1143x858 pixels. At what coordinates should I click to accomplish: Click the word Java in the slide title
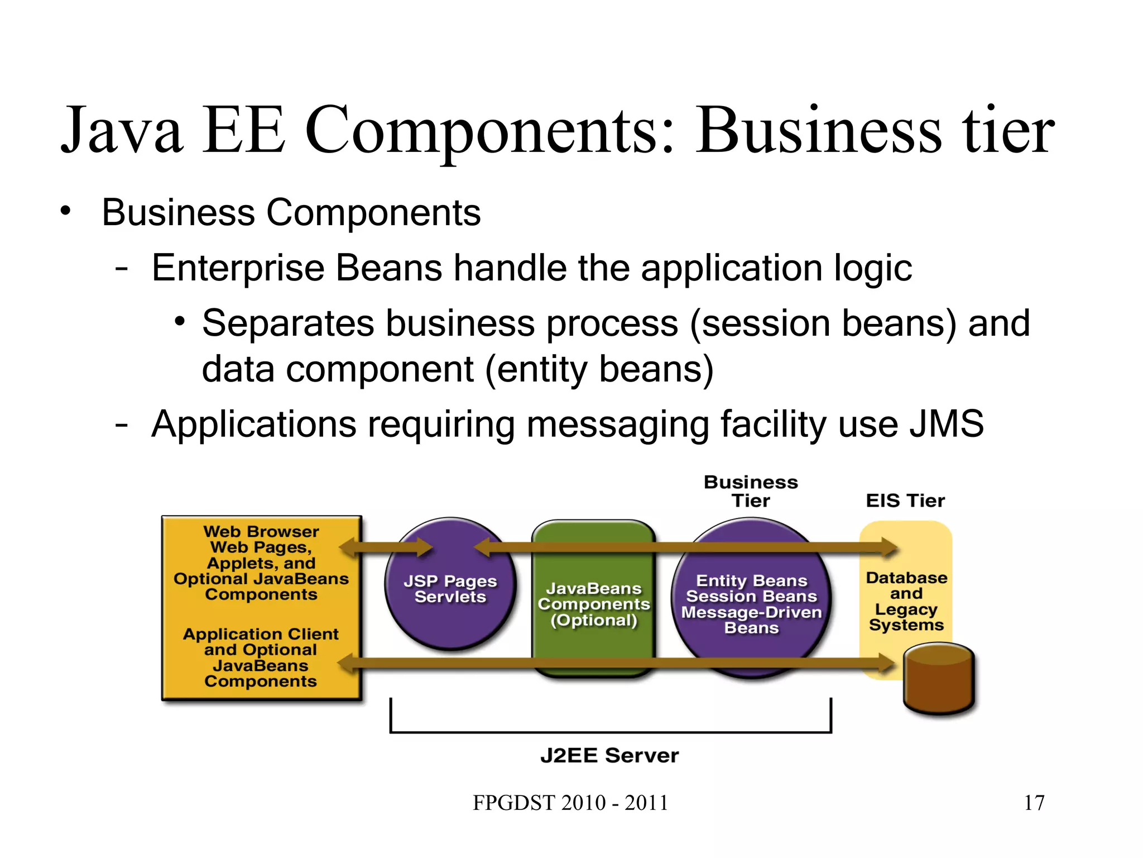click(x=122, y=131)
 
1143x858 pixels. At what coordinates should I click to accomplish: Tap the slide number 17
click(x=1034, y=803)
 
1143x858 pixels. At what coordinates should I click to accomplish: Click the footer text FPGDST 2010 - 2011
click(x=570, y=803)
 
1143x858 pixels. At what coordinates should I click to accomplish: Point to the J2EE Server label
click(x=609, y=756)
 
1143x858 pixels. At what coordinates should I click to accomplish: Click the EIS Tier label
click(x=905, y=500)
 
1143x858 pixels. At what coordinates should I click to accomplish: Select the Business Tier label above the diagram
click(x=751, y=491)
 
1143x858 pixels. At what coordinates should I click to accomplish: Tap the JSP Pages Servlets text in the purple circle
click(x=450, y=589)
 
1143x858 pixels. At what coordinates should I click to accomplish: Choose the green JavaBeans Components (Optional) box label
click(x=594, y=604)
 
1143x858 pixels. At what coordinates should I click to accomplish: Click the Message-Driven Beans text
click(x=751, y=620)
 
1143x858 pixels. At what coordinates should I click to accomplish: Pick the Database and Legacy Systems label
click(x=906, y=601)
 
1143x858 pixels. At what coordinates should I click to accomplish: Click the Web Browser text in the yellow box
click(x=261, y=531)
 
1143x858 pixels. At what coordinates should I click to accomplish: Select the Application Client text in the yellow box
click(x=261, y=634)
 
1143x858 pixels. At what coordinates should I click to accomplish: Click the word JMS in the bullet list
click(x=947, y=424)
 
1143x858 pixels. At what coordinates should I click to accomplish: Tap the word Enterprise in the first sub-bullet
click(x=237, y=268)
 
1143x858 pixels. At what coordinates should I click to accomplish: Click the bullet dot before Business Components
click(x=66, y=212)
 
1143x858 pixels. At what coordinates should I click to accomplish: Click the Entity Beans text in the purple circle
click(x=751, y=581)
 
